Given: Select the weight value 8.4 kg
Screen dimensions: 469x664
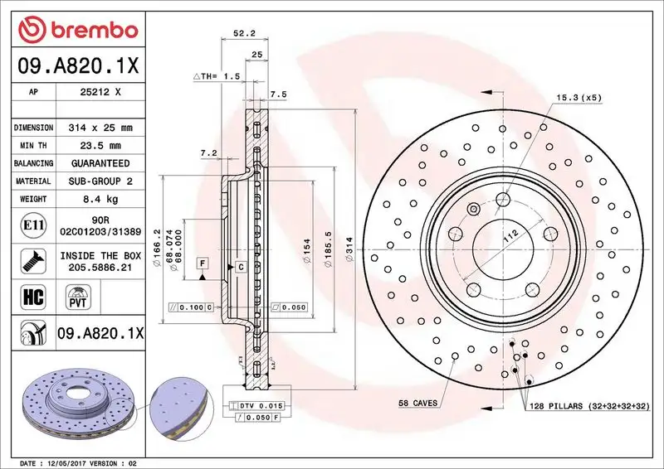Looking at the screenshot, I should [x=99, y=199].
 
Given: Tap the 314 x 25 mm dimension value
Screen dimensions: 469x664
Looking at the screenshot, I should [x=99, y=128].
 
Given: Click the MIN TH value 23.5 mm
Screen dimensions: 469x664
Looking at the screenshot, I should [x=99, y=146].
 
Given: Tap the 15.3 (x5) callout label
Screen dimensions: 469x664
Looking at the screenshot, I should [x=579, y=97].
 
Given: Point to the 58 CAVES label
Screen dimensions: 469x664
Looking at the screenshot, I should [x=418, y=403].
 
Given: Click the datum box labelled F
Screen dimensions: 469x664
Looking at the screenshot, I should [x=202, y=263].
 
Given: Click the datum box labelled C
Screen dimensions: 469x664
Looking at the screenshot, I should [x=241, y=267].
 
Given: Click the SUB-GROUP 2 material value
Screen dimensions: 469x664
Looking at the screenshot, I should [x=99, y=181].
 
